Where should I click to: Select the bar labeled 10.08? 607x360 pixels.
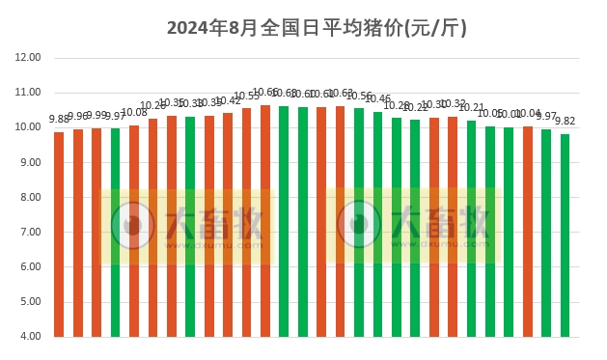click(134, 232)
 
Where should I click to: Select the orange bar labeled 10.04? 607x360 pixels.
click(528, 232)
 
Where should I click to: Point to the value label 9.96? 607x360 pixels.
click(78, 117)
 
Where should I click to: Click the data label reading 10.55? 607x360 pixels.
click(247, 97)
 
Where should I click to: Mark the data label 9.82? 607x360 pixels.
click(565, 122)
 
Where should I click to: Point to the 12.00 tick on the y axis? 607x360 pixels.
click(28, 58)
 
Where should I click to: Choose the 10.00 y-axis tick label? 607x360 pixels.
click(28, 127)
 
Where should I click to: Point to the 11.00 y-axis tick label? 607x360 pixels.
click(28, 93)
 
